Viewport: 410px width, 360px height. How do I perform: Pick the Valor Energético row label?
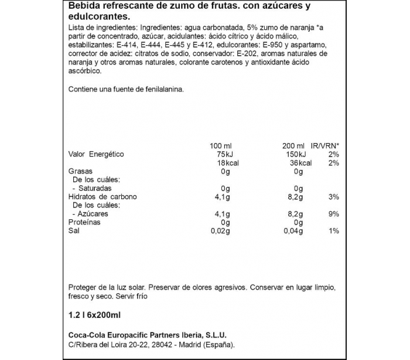click(97, 154)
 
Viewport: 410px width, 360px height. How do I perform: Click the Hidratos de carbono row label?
click(102, 197)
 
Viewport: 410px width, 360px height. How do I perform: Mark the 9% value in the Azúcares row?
click(333, 214)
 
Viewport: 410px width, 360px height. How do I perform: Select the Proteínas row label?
click(84, 223)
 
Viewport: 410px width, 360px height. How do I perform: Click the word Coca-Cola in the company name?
click(88, 335)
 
